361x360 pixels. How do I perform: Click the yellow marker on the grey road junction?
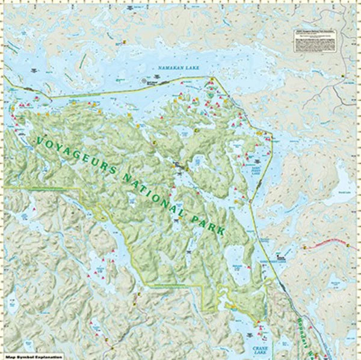(343, 76)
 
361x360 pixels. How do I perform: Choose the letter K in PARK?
(224, 231)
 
